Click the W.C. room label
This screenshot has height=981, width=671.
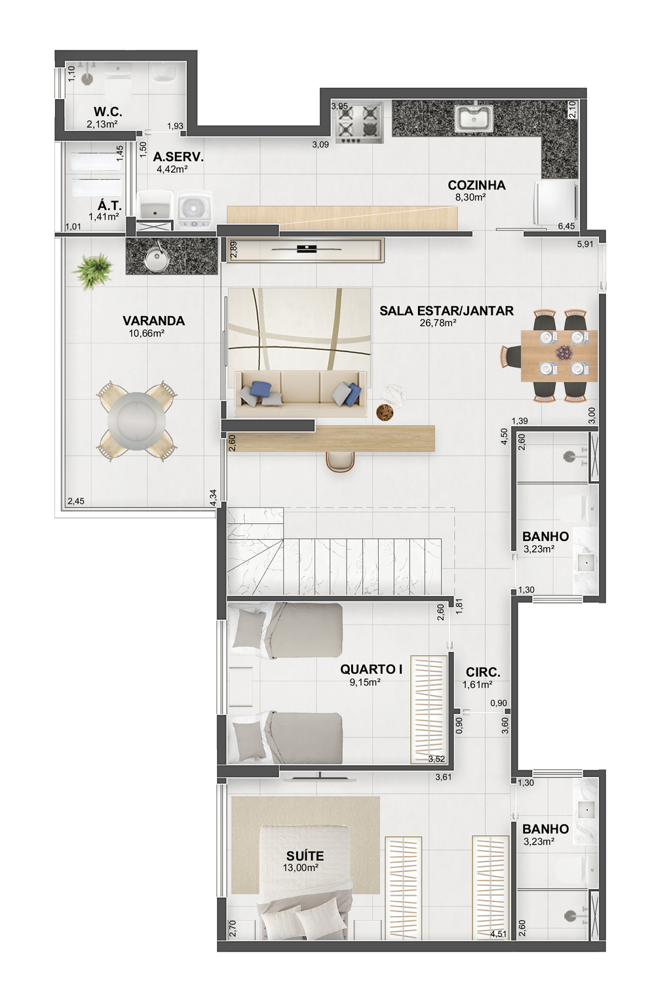(107, 111)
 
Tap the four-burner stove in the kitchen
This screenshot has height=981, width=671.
(359, 123)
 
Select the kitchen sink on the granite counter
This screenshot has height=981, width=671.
(474, 117)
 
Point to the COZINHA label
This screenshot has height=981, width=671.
(476, 186)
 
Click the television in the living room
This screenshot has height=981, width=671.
(307, 249)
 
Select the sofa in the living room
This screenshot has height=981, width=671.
(301, 393)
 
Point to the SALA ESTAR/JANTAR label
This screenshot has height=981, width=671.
(446, 311)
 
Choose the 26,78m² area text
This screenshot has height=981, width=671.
(438, 323)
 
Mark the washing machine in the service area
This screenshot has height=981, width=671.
(195, 209)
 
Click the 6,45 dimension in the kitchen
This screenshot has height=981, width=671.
(566, 226)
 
